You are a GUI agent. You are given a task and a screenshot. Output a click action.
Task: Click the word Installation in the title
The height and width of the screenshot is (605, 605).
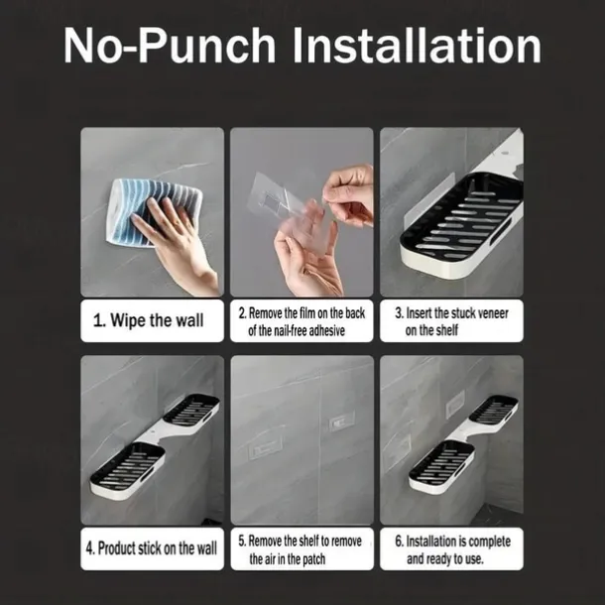(418, 47)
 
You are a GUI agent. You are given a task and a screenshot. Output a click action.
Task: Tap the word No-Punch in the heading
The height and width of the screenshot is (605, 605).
(170, 47)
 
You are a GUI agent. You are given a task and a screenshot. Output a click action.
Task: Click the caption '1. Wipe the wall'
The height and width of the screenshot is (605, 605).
(148, 320)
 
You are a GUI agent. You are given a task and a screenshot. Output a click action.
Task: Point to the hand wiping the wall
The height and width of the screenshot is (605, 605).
(174, 239)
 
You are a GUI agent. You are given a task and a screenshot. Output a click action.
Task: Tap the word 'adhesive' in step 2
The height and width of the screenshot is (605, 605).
(325, 331)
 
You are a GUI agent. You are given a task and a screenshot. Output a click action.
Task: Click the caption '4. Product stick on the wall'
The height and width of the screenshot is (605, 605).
(151, 548)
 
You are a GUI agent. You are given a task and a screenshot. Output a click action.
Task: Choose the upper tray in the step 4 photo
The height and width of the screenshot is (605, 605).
(191, 412)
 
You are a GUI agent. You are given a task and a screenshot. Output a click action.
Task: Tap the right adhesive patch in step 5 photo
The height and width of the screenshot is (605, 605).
(342, 423)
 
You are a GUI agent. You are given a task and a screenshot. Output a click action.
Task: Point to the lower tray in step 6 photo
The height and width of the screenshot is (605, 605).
(441, 466)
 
